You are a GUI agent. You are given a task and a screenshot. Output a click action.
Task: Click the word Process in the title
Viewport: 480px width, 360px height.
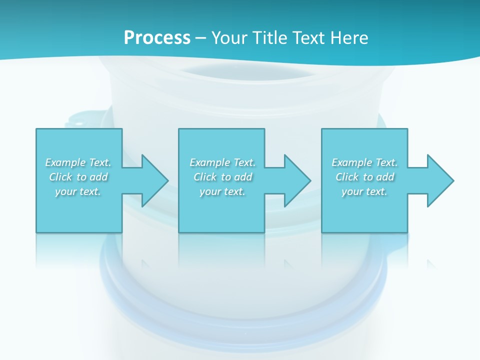pos(157,38)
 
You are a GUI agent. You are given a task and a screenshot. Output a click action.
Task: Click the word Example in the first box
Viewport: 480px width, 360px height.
pos(65,162)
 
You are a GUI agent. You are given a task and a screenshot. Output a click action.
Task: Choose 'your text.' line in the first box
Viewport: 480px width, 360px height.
pos(78,191)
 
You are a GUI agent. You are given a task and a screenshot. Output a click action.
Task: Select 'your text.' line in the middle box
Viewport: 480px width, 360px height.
pos(222,191)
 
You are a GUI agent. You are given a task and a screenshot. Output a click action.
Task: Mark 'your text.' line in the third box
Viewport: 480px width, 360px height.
pos(364,191)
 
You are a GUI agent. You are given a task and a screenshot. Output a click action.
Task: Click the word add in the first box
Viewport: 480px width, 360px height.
pos(99,177)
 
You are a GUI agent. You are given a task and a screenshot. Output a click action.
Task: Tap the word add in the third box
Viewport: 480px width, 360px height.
pos(385,177)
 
